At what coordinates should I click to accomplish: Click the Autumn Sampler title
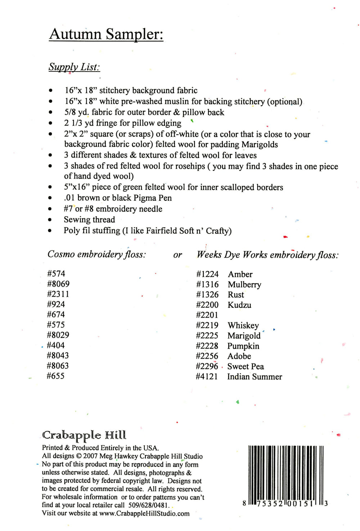106,35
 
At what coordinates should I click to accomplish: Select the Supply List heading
74,67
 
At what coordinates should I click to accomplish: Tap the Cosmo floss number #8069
58,284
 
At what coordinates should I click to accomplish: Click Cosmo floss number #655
56,376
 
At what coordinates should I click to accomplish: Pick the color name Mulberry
244,285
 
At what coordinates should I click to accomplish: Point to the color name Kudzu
239,305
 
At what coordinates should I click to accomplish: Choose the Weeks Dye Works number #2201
207,315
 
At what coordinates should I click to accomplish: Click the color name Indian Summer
255,377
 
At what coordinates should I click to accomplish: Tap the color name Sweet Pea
246,367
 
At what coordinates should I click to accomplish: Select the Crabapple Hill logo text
84,435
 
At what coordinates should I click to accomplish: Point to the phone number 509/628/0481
149,505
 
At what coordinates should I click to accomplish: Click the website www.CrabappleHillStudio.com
144,513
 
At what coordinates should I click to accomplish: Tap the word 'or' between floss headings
177,255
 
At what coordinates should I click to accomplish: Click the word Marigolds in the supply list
260,145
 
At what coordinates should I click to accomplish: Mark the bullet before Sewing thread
50,220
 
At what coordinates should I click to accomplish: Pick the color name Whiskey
243,326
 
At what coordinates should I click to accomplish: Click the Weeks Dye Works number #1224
207,274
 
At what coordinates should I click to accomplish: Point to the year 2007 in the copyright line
90,456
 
